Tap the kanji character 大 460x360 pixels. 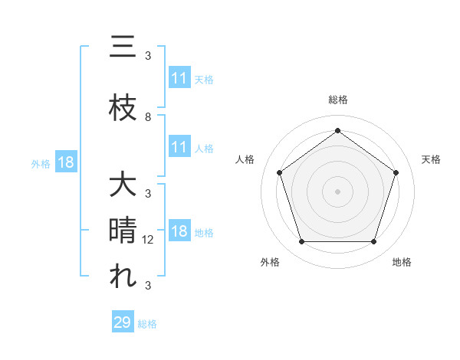[123, 185]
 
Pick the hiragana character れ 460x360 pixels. [123, 277]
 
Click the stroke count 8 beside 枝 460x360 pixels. [148, 117]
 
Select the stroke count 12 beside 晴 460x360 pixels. [149, 240]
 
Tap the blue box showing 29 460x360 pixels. [123, 322]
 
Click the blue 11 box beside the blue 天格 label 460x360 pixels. [179, 78]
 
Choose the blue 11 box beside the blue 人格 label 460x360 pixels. [179, 147]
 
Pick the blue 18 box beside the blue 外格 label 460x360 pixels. [65, 162]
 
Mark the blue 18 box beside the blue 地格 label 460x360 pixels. [179, 232]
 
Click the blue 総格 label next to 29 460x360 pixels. [148, 324]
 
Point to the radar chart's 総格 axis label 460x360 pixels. [337, 100]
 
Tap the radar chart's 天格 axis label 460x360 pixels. [432, 159]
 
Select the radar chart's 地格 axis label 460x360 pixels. [402, 262]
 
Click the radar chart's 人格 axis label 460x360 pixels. [245, 159]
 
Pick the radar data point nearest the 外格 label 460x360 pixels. [301, 242]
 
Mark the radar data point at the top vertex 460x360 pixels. [337, 130]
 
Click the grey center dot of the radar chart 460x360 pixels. [337, 191]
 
